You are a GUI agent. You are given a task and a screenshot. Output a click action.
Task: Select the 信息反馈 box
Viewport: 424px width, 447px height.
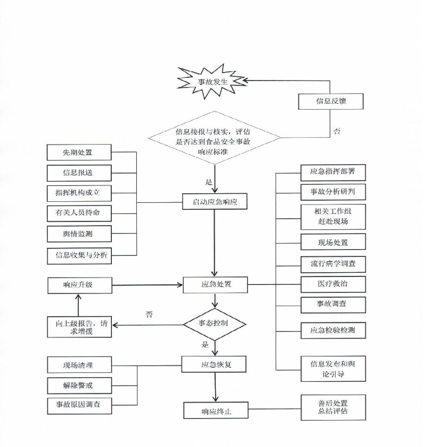pyautogui.click(x=331, y=101)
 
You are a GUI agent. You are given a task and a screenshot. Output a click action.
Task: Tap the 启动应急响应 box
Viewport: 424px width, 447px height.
pyautogui.click(x=215, y=202)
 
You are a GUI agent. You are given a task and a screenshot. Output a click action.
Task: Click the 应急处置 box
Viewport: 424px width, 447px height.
pyautogui.click(x=215, y=284)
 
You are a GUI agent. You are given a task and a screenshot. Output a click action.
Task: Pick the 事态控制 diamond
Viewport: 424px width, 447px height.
pyautogui.click(x=214, y=324)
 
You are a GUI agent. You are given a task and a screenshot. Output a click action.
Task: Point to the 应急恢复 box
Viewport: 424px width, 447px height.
pyautogui.click(x=214, y=364)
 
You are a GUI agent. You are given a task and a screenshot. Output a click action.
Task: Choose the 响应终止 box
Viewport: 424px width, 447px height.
pyautogui.click(x=216, y=410)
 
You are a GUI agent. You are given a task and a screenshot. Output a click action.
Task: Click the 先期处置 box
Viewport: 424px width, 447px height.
pyautogui.click(x=79, y=152)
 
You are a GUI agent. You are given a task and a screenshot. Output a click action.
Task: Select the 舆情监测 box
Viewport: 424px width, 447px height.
pyautogui.click(x=79, y=234)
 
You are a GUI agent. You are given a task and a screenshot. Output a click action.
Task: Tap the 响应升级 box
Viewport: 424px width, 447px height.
pyautogui.click(x=80, y=285)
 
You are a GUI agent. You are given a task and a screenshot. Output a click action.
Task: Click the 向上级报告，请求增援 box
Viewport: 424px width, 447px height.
pyautogui.click(x=79, y=327)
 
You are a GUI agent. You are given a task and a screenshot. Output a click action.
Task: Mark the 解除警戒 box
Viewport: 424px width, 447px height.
pyautogui.click(x=79, y=386)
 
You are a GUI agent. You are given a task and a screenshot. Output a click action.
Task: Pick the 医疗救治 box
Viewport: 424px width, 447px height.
pyautogui.click(x=333, y=284)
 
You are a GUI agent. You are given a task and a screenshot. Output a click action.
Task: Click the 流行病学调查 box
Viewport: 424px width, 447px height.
pyautogui.click(x=333, y=265)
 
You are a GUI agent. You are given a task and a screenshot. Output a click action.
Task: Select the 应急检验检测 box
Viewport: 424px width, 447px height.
pyautogui.click(x=333, y=330)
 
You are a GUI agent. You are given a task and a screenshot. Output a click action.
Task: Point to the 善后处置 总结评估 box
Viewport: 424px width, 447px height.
pyautogui.click(x=333, y=407)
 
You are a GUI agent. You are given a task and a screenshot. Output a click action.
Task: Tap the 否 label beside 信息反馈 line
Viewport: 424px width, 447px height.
pyautogui.click(x=337, y=131)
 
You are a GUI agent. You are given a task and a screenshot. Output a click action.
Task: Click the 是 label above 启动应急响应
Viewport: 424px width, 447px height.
pyautogui.click(x=209, y=182)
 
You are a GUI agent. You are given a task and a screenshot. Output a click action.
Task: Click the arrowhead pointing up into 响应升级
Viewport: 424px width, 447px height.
pyautogui.click(x=78, y=297)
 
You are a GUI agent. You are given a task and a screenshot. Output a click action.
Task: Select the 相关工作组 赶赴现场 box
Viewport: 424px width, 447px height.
pyautogui.click(x=333, y=217)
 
